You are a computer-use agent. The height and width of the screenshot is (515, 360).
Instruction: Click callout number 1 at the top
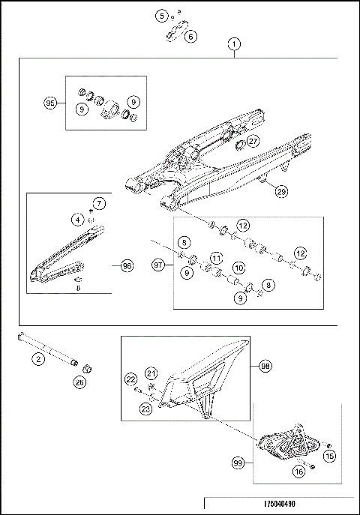[235, 44]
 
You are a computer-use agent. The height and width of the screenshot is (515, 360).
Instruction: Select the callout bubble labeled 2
[35, 359]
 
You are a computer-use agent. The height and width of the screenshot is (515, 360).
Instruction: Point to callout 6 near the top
[190, 36]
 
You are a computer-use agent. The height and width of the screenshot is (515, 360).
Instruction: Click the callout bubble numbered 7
[99, 203]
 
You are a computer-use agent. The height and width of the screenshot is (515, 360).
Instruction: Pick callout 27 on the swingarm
[253, 142]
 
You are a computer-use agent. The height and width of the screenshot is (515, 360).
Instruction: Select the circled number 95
[51, 104]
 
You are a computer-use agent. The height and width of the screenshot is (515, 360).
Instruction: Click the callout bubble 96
[126, 265]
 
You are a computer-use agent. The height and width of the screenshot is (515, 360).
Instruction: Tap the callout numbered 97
[158, 265]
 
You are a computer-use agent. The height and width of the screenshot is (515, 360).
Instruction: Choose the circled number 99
[239, 465]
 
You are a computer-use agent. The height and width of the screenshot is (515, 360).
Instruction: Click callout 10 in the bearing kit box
[238, 267]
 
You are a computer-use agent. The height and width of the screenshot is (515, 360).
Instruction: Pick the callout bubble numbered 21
[151, 373]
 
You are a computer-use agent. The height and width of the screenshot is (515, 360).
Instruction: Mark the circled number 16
[298, 472]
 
